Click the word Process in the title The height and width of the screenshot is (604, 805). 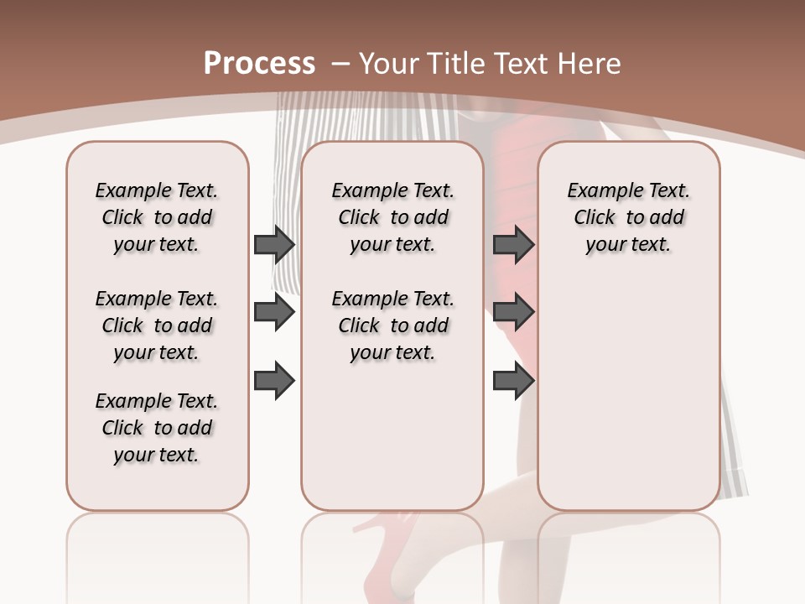click(x=260, y=64)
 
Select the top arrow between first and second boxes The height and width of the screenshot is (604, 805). click(x=274, y=244)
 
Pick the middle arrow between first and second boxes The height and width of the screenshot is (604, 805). click(x=274, y=312)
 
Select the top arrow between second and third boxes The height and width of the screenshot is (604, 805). click(x=513, y=244)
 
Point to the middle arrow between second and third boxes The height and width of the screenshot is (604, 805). click(x=513, y=312)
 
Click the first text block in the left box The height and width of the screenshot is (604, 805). click(x=157, y=217)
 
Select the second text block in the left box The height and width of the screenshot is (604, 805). click(x=157, y=325)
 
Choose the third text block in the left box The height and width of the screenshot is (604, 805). click(x=157, y=428)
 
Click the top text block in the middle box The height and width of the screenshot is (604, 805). click(x=392, y=217)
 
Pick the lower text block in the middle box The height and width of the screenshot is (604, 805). click(x=392, y=325)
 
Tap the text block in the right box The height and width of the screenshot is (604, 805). click(x=628, y=217)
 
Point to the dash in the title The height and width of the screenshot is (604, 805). click(x=340, y=64)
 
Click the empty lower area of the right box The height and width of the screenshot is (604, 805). click(x=628, y=403)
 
